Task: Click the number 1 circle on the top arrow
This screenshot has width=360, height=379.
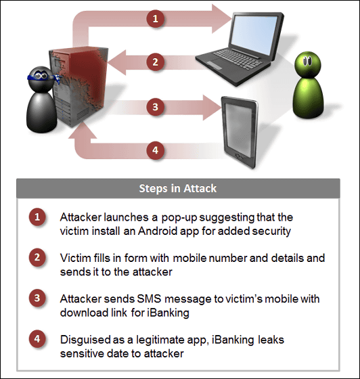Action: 156,18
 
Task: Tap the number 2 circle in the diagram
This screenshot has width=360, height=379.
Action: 156,62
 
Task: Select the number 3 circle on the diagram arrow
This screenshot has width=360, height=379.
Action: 156,107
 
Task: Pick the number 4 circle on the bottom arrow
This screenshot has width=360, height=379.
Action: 156,150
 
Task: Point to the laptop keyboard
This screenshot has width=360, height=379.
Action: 238,59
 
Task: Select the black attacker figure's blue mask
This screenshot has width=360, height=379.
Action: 43,77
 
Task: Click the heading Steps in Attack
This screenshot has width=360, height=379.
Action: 178,189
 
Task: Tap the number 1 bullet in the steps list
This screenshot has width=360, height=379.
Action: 37,217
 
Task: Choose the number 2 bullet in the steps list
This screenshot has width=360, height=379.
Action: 37,257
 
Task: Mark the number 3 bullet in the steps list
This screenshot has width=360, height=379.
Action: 37,298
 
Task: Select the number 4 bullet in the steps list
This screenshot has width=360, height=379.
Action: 37,339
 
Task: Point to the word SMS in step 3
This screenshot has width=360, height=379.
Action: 149,299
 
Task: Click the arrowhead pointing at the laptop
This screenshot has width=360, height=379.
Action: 221,19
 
